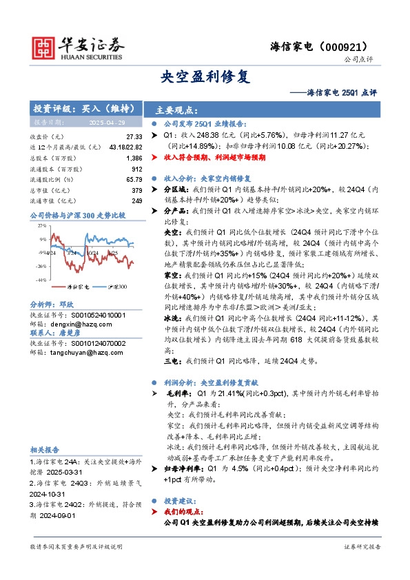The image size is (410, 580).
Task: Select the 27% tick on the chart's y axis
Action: click(x=42, y=226)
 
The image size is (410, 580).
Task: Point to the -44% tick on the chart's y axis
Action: click(x=41, y=279)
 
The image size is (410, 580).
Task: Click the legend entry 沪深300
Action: click(x=115, y=286)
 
